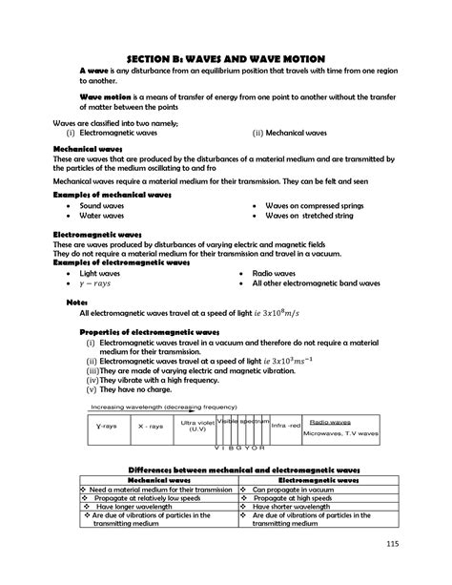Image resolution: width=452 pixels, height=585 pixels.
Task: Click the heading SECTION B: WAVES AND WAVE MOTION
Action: pyautogui.click(x=226, y=59)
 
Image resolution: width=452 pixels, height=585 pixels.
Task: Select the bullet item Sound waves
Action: pyautogui.click(x=104, y=205)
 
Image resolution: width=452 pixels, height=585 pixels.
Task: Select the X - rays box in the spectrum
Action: pyautogui.click(x=151, y=427)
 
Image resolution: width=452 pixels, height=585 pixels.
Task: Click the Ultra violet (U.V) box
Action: pyautogui.click(x=197, y=426)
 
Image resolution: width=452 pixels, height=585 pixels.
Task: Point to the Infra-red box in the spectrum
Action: pyautogui.click(x=286, y=426)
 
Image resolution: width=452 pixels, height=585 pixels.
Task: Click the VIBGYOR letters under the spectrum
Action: pyautogui.click(x=235, y=446)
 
